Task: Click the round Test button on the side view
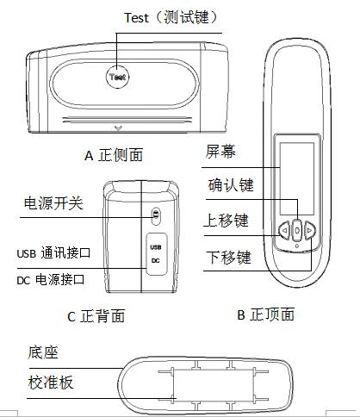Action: (118, 76)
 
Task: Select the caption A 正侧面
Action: (125, 155)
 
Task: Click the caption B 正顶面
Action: (265, 314)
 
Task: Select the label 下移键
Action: (229, 257)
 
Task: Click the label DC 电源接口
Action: (53, 280)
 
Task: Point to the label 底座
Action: (41, 352)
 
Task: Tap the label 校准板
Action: (50, 383)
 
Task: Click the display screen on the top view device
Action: (296, 165)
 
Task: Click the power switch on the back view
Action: (156, 215)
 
